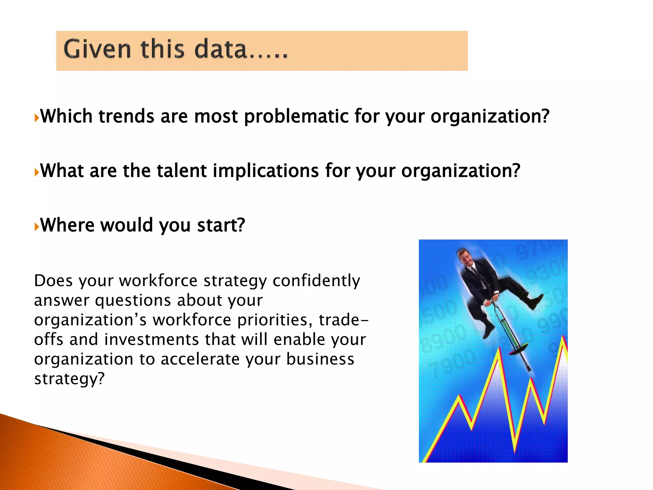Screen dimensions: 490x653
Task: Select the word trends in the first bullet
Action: coord(127,116)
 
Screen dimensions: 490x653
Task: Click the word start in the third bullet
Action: coord(221,225)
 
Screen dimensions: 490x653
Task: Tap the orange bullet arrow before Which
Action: coord(37,118)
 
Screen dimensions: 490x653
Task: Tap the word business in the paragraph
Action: coord(320,359)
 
